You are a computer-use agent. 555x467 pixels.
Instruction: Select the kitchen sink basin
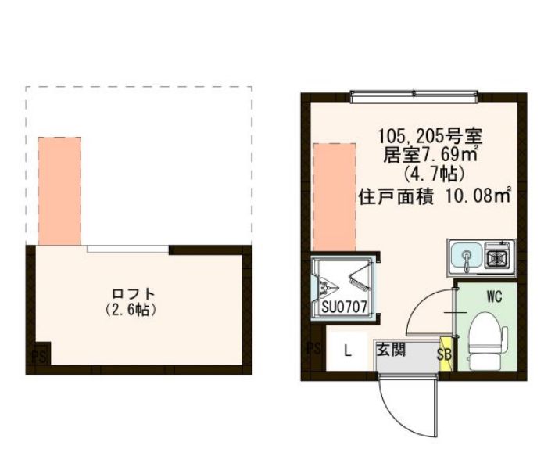(x=466, y=256)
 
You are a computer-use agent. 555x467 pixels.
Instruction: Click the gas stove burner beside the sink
(x=498, y=256)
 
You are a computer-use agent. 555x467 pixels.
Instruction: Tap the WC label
(x=493, y=297)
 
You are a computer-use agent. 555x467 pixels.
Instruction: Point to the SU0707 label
(x=343, y=307)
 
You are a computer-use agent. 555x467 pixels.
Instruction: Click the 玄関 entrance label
(x=390, y=350)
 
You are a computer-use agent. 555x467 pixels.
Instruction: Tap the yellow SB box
(x=445, y=353)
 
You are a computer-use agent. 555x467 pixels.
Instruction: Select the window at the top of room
(x=413, y=97)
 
